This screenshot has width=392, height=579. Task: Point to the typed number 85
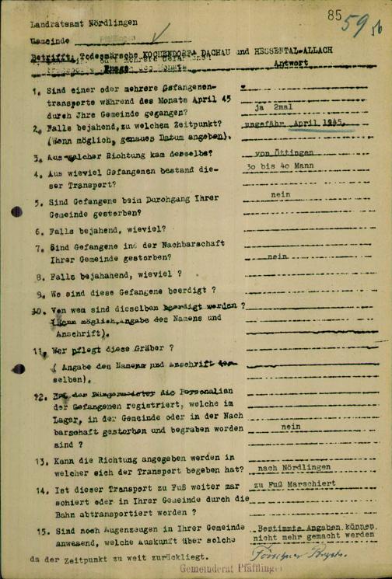pos(335,14)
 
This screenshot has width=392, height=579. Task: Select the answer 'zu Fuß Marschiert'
pos(294,484)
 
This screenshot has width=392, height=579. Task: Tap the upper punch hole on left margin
pos(16,211)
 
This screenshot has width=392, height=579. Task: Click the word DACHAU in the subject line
pos(208,50)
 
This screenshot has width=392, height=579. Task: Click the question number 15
pos(38,530)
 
